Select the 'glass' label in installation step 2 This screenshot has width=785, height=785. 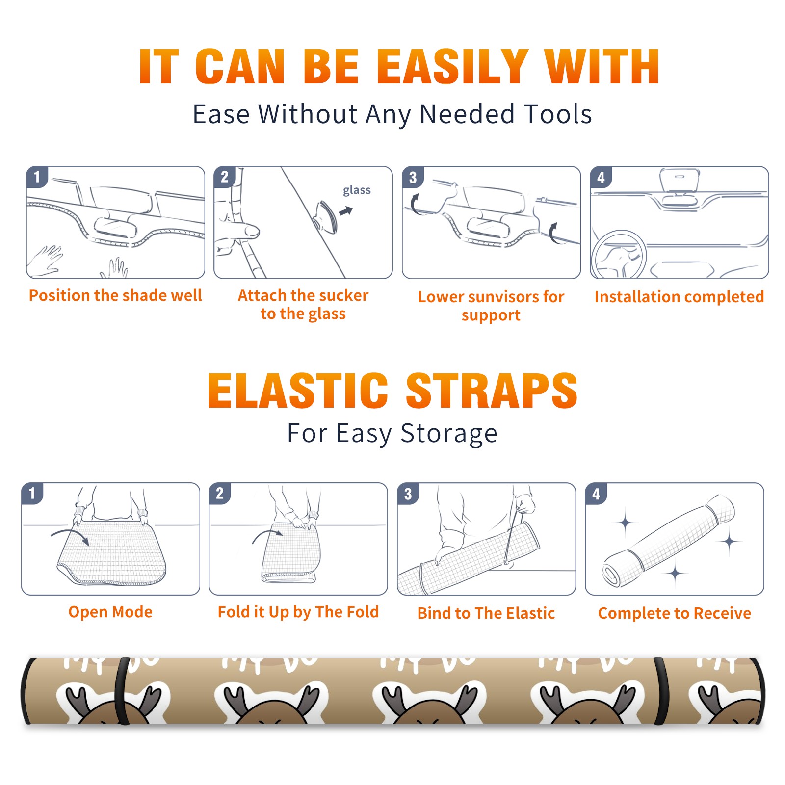[x=357, y=190]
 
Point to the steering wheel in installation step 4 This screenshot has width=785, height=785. [x=619, y=254]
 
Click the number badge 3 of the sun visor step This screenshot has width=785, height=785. [x=413, y=177]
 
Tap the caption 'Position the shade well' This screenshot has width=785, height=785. [x=115, y=295]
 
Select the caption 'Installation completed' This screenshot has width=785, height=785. [x=679, y=297]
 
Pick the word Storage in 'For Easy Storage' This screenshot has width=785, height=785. [x=449, y=434]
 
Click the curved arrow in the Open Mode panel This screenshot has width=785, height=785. [x=71, y=536]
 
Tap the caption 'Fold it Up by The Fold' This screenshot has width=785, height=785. [x=298, y=612]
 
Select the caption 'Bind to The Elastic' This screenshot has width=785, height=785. [x=486, y=613]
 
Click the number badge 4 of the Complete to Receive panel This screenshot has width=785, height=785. [x=596, y=494]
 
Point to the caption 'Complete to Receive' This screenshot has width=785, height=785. [x=675, y=614]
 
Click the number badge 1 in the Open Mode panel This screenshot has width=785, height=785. [x=32, y=493]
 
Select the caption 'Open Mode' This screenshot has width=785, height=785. [x=110, y=612]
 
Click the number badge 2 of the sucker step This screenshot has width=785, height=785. [x=225, y=177]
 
